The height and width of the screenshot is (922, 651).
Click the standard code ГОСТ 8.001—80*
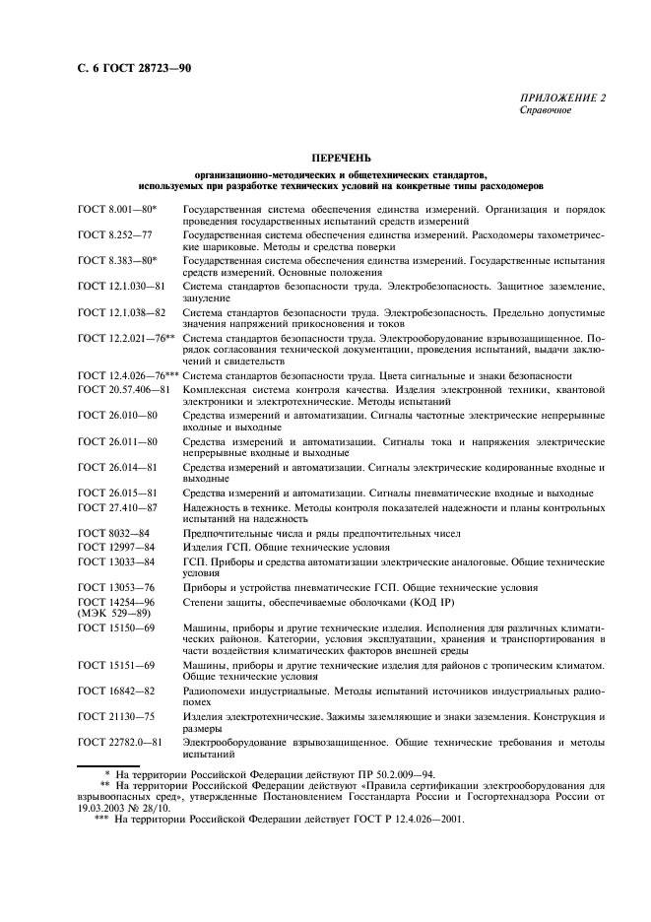click(123, 210)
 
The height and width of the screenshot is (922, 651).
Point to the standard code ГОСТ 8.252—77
click(114, 236)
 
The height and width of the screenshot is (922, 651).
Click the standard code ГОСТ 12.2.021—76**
click(126, 338)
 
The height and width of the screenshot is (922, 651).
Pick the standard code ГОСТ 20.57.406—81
click(124, 389)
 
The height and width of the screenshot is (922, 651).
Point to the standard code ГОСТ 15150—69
click(116, 626)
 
